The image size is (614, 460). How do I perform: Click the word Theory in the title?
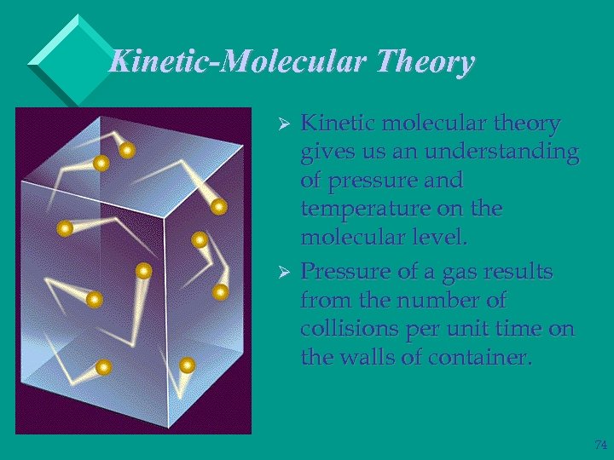coord(425,62)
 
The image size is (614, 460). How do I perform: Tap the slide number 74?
coord(600,445)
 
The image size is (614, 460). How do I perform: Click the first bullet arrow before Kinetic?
coord(287,124)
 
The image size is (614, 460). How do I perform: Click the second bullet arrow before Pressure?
coord(287,273)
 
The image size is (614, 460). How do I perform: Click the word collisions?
coord(344,330)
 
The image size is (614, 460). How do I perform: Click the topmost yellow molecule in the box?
coord(127,151)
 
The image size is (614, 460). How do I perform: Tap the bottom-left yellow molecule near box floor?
coord(103,367)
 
